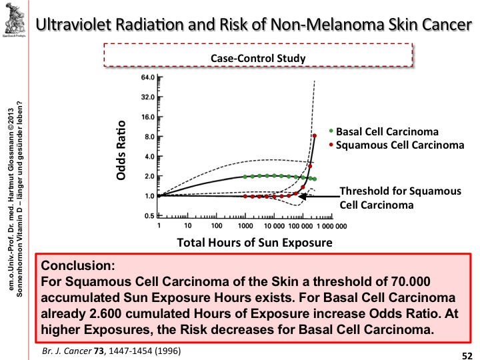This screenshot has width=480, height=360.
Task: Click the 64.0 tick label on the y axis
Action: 145,77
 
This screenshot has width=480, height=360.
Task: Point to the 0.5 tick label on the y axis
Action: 148,216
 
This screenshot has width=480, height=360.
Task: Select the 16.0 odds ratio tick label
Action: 145,117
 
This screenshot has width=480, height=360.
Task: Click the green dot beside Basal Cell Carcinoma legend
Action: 331,131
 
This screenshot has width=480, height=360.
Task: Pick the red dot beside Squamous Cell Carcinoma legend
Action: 331,143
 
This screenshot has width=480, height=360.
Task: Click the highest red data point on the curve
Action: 315,136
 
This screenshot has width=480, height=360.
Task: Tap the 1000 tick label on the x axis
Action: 243,226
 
